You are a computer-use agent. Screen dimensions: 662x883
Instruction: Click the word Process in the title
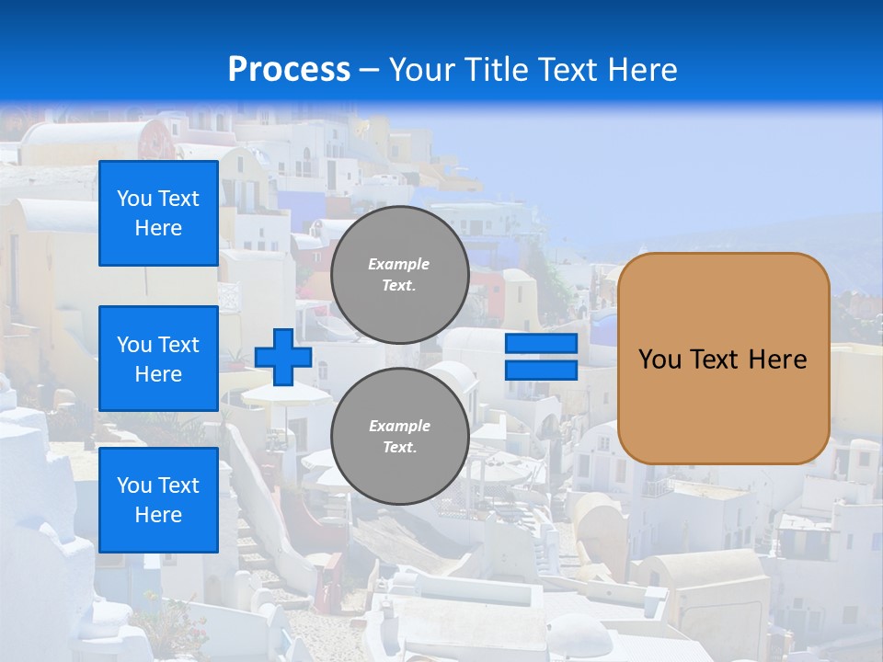[x=289, y=70]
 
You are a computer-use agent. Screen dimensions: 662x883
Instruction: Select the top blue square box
[x=158, y=213]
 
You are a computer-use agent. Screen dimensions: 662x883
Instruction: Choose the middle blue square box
[x=158, y=359]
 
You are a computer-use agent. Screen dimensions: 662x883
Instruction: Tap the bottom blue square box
[x=158, y=500]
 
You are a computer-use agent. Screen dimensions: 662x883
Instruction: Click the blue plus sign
[x=283, y=357]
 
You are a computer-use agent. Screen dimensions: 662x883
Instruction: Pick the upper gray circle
[x=399, y=275]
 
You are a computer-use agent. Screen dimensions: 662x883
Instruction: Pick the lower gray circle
[x=399, y=437]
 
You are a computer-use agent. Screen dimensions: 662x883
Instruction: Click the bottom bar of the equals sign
[x=541, y=370]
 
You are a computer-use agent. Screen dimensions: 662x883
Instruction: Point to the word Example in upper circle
[x=399, y=264]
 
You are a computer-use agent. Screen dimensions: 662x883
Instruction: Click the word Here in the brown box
[x=777, y=360]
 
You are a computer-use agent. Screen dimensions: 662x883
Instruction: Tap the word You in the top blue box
[x=134, y=199]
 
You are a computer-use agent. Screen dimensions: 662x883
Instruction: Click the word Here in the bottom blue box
[x=158, y=515]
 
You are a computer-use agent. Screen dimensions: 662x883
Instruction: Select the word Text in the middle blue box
[x=178, y=345]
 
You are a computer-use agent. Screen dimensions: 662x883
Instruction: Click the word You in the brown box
[x=659, y=360]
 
